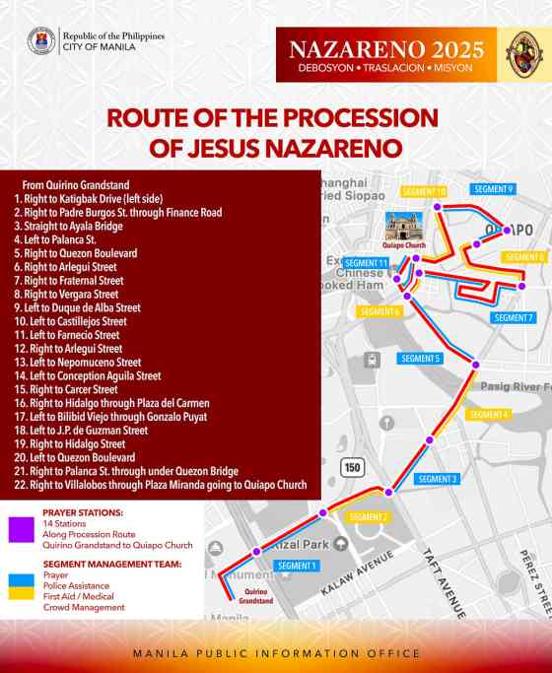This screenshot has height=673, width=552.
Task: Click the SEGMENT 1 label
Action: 297,566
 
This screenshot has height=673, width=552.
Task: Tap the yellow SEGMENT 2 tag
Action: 369,517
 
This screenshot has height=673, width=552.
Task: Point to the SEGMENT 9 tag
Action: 493,189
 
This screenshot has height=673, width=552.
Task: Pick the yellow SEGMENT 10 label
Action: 422,191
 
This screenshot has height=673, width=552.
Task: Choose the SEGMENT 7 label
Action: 513,318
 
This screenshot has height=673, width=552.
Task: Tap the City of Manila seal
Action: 41,40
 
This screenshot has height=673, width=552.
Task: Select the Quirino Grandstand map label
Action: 255,594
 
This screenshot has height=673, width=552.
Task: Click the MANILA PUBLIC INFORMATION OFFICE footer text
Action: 276,653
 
